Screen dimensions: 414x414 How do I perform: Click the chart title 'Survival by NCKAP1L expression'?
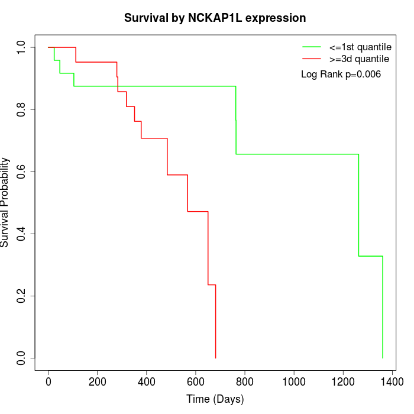[x=215, y=18]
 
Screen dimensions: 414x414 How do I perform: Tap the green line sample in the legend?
[x=311, y=46]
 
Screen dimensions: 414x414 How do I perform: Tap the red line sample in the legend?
[x=311, y=59]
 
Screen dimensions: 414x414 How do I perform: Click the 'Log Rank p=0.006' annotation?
[x=341, y=75]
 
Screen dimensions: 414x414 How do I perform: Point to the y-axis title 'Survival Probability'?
[x=5, y=202]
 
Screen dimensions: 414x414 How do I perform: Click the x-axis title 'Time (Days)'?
[x=215, y=399]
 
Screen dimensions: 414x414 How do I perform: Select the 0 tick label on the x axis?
[x=48, y=382]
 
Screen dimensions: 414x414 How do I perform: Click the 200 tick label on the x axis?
[x=97, y=382]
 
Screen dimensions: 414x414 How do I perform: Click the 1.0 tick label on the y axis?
[x=22, y=47]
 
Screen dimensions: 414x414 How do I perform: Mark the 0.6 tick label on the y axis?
[x=22, y=172]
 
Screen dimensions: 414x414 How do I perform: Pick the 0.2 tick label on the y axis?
[x=22, y=296]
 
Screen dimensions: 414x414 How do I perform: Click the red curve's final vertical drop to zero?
[x=215, y=322]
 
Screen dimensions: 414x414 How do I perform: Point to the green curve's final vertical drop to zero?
[x=383, y=308]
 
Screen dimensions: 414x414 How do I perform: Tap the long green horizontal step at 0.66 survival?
[x=296, y=154]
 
